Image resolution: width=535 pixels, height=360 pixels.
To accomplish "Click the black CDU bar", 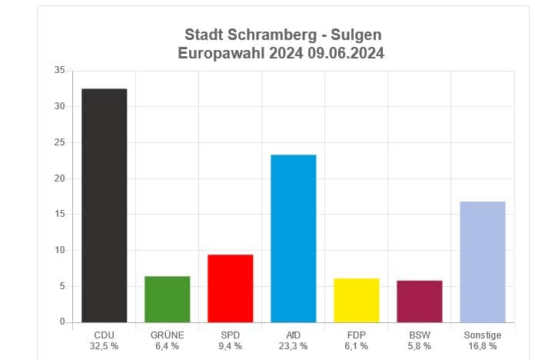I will click(x=104, y=205).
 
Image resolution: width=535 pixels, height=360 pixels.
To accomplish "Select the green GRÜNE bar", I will click(x=167, y=299).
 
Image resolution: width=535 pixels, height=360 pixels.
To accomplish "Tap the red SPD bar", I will click(x=230, y=288).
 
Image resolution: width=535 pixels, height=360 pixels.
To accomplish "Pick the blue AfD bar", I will click(x=293, y=238).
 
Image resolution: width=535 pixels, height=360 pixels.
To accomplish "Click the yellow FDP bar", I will click(x=356, y=300).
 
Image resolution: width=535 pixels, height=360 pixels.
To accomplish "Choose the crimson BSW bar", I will click(x=419, y=302).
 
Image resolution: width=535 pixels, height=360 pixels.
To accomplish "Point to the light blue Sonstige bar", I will click(x=482, y=262).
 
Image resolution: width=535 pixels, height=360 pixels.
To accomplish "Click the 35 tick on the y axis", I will click(x=59, y=71).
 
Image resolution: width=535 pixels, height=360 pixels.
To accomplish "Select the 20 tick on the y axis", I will click(x=59, y=178).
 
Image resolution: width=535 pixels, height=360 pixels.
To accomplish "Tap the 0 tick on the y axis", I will click(x=61, y=322).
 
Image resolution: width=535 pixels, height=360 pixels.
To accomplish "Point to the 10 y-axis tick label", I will click(x=59, y=250).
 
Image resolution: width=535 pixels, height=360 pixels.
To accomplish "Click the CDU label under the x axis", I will click(x=104, y=335).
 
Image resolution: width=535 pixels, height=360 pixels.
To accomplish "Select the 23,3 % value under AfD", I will click(x=293, y=346).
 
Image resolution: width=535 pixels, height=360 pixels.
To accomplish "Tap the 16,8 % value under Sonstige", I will click(x=482, y=346).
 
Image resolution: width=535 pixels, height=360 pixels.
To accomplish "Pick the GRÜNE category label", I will click(x=167, y=335).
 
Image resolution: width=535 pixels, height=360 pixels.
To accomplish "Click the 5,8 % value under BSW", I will click(x=419, y=346).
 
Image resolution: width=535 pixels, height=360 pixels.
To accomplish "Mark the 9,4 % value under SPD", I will click(x=230, y=346).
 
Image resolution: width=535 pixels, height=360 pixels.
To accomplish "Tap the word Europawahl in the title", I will click(x=218, y=53).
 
